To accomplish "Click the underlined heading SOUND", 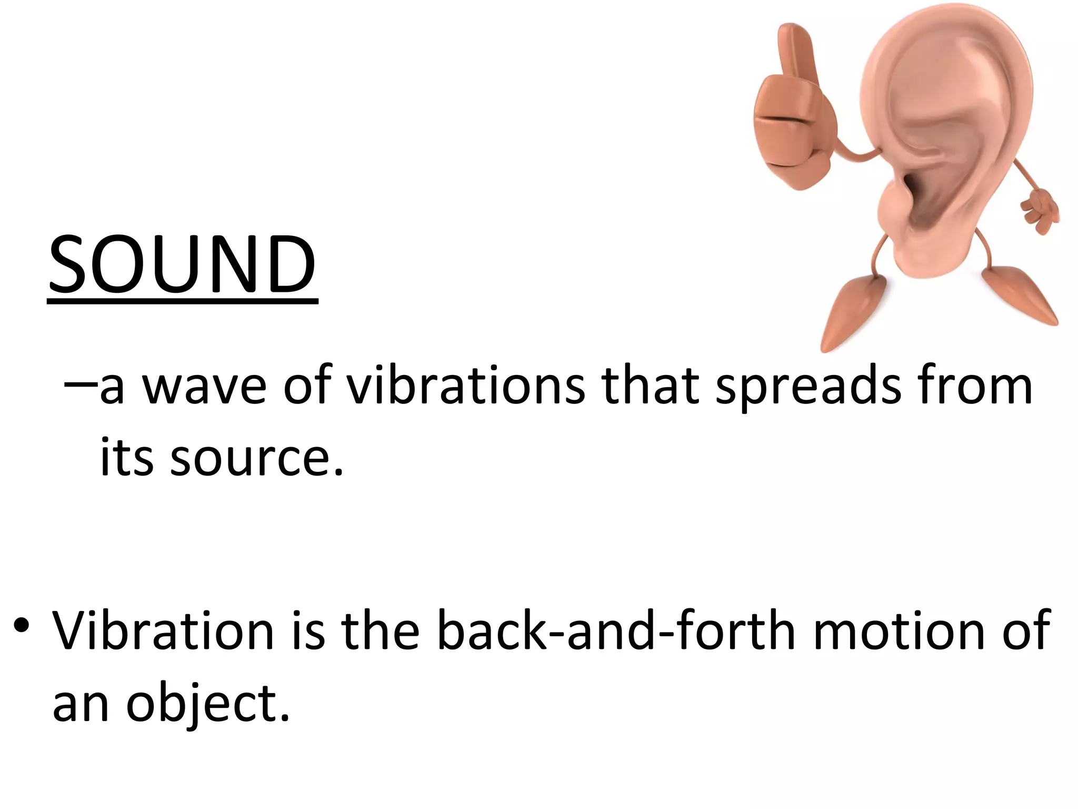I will click(182, 264).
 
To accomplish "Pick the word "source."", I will click(257, 457).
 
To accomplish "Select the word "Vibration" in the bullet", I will click(163, 630).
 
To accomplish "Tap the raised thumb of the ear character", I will click(793, 53).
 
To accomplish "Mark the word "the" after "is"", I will click(380, 630).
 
